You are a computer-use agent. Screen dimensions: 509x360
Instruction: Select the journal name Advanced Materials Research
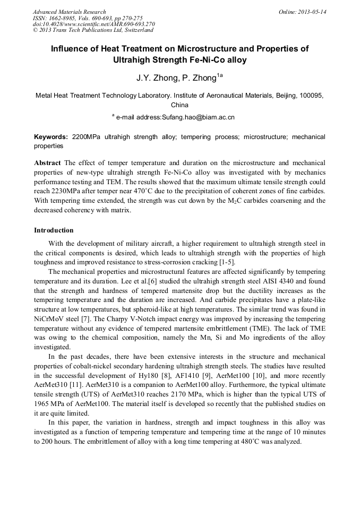(69, 12)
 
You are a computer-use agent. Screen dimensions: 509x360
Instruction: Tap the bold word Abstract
(47, 162)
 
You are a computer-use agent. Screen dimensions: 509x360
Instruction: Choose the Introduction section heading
(54, 230)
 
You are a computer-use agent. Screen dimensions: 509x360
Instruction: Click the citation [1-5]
(227, 262)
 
